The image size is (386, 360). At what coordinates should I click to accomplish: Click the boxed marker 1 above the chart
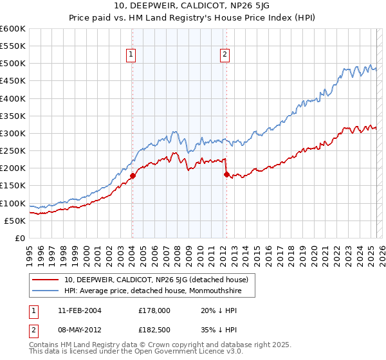pos(131,55)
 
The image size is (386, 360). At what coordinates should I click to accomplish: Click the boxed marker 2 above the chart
pos(225,55)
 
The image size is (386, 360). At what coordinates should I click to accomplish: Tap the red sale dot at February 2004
pos(133,175)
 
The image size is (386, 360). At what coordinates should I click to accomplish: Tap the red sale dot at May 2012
pos(226,174)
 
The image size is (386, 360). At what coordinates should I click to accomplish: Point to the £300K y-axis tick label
pos(12,134)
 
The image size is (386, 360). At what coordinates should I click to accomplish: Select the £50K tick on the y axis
pos(15,221)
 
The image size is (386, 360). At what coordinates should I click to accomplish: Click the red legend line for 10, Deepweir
pos(46,280)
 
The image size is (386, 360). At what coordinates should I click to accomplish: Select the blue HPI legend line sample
pos(46,291)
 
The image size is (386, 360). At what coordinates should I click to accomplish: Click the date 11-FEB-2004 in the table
pos(79,310)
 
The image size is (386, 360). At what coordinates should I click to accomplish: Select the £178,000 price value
pos(154,310)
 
